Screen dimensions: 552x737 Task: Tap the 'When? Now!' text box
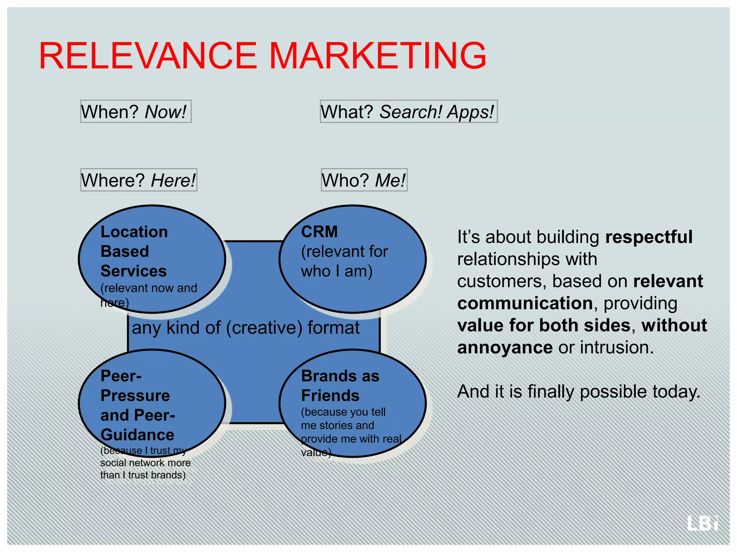coord(136,111)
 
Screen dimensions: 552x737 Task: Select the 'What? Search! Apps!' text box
coord(408,111)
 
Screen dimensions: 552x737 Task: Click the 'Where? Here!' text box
coord(139,180)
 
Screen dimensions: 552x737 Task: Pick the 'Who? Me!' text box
coord(364,180)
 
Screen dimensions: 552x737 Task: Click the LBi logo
coord(702,523)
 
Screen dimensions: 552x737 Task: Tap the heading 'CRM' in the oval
coord(319,232)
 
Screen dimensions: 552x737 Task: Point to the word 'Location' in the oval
coord(134,232)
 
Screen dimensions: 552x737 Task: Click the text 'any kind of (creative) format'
coord(246,328)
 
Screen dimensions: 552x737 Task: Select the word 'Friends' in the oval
coord(330,396)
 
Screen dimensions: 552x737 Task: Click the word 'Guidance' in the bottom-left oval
coord(137,435)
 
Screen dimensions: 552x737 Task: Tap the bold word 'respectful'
coord(648,237)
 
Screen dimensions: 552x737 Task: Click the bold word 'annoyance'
coord(505,348)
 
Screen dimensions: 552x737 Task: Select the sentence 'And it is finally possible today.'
coord(579,391)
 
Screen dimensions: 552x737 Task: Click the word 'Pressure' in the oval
coord(135,396)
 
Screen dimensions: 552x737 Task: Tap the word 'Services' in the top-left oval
coord(134,271)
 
